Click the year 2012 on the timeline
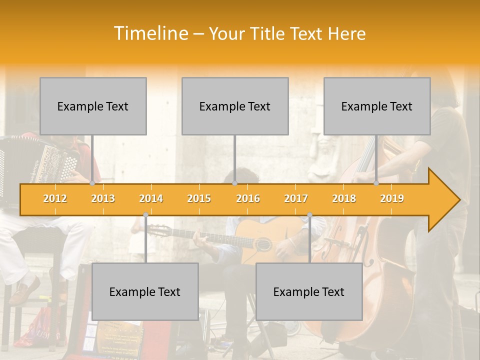point(55,198)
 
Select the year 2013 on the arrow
point(103,198)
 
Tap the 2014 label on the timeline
point(151,198)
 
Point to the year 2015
point(199,198)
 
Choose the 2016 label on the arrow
point(248,198)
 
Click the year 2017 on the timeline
point(296,198)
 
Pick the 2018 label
point(344,198)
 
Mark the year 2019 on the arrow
point(392,198)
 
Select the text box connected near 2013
point(93,106)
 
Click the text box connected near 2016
point(235,106)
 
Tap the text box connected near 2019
point(377,106)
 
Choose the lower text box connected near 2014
point(145,291)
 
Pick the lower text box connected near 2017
point(309,291)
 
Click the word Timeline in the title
point(150,33)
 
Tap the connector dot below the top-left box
point(92,183)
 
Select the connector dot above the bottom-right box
point(309,215)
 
